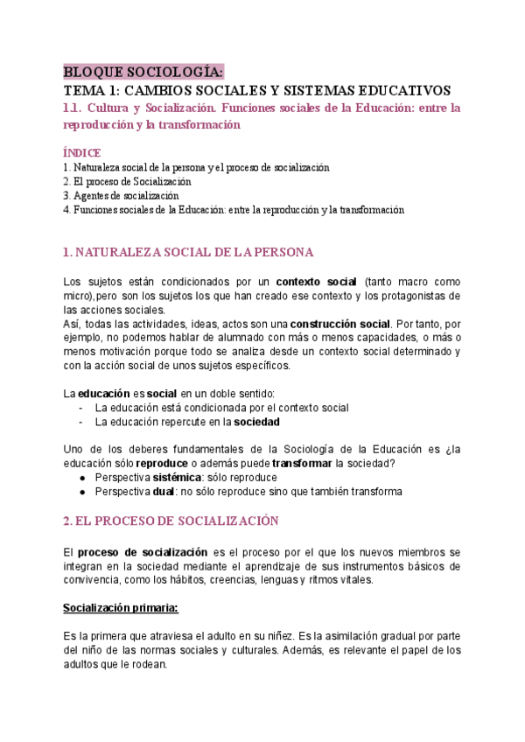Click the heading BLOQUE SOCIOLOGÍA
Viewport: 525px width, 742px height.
tap(143, 72)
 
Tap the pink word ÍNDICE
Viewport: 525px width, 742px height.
tap(83, 152)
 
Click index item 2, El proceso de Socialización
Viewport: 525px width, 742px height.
tap(128, 181)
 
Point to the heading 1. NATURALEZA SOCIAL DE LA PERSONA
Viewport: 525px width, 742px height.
tap(188, 252)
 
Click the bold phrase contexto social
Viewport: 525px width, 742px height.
tap(316, 282)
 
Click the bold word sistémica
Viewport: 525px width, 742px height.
tap(175, 478)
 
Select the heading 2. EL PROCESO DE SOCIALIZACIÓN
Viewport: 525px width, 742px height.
tap(171, 521)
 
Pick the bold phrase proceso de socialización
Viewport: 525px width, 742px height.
tap(143, 552)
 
